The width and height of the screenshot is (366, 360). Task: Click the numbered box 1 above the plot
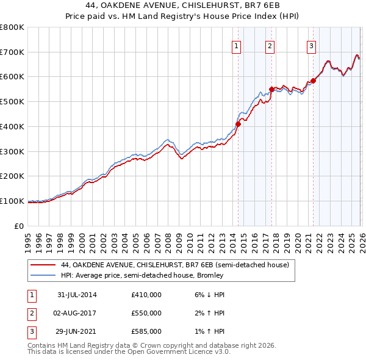(236, 45)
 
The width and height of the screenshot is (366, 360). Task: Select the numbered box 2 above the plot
(270, 45)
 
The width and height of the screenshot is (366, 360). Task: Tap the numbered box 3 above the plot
(311, 45)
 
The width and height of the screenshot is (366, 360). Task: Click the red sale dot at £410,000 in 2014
(238, 124)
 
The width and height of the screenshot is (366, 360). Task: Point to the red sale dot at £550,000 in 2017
(271, 89)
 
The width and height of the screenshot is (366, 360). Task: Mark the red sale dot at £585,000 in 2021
(313, 80)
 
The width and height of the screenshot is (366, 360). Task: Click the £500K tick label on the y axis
(12, 101)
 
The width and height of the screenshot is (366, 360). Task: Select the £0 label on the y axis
(20, 226)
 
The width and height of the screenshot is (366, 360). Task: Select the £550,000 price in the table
(146, 313)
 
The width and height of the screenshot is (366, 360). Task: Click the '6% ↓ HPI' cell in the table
(209, 294)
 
